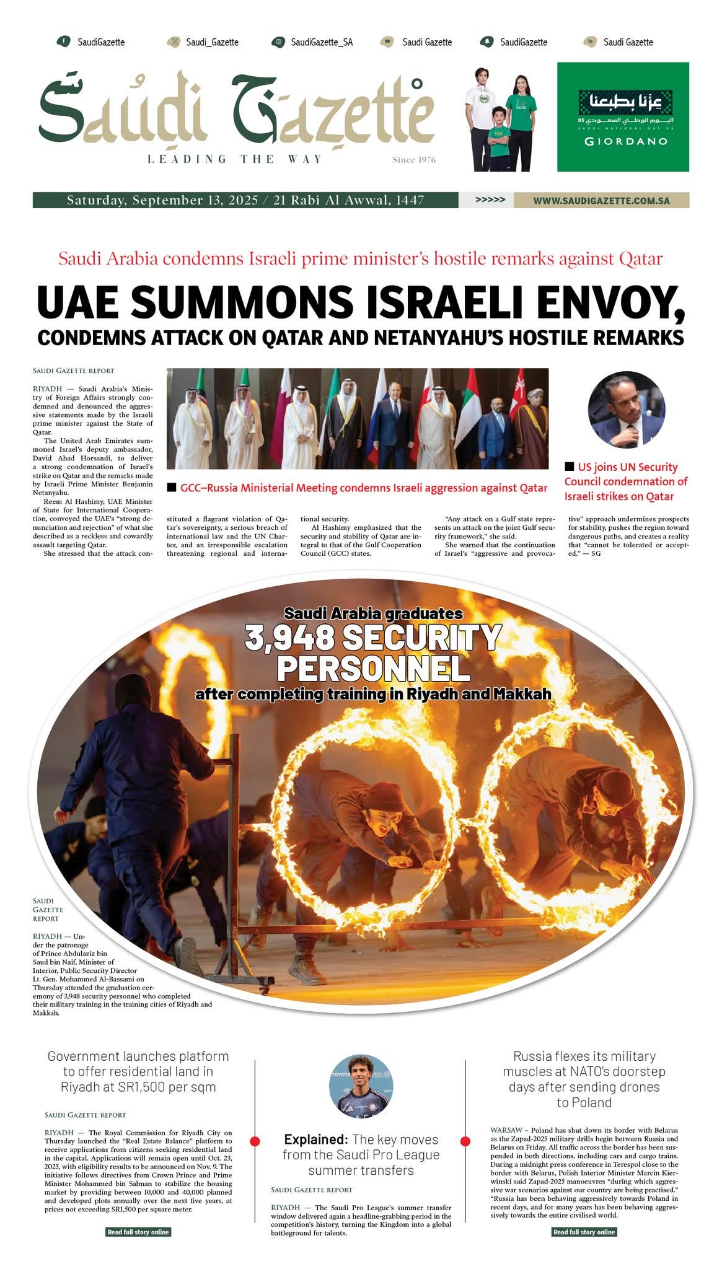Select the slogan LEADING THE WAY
pyautogui.click(x=235, y=159)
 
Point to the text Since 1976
pyautogui.click(x=413, y=160)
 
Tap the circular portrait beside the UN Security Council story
pyautogui.click(x=627, y=410)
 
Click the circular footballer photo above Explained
pyautogui.click(x=361, y=1086)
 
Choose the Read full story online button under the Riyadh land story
pyautogui.click(x=138, y=1232)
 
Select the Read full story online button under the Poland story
pyautogui.click(x=584, y=1232)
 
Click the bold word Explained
pyautogui.click(x=316, y=1139)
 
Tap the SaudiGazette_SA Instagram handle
pyautogui.click(x=321, y=42)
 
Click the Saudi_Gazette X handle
pyautogui.click(x=212, y=42)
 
